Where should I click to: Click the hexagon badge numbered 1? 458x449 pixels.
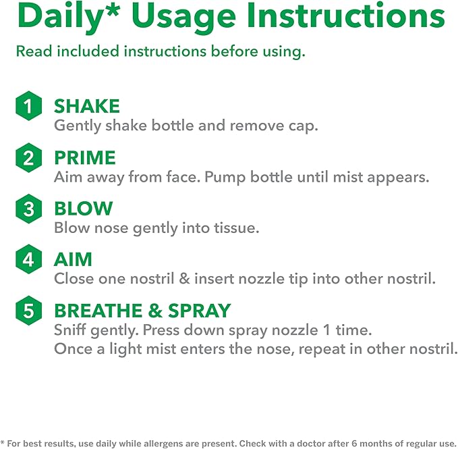pyautogui.click(x=28, y=106)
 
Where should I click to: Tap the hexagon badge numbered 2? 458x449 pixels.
pyautogui.click(x=28, y=157)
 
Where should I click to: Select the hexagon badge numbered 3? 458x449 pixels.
pyautogui.click(x=28, y=209)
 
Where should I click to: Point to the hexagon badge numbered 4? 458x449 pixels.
pyautogui.click(x=28, y=259)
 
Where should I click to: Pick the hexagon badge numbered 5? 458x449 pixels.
pyautogui.click(x=28, y=311)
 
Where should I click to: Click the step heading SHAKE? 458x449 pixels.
pyautogui.click(x=87, y=106)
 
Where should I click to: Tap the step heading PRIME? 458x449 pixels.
pyautogui.click(x=85, y=157)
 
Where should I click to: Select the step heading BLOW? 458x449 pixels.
pyautogui.click(x=83, y=209)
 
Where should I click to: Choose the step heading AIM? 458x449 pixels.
pyautogui.click(x=73, y=259)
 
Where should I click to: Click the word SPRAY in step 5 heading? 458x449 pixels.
pyautogui.click(x=200, y=311)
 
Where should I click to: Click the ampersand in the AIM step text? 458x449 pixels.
pyautogui.click(x=184, y=278)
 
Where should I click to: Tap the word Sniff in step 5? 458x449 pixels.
pyautogui.click(x=70, y=329)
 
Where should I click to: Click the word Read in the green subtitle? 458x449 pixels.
pyautogui.click(x=34, y=51)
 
